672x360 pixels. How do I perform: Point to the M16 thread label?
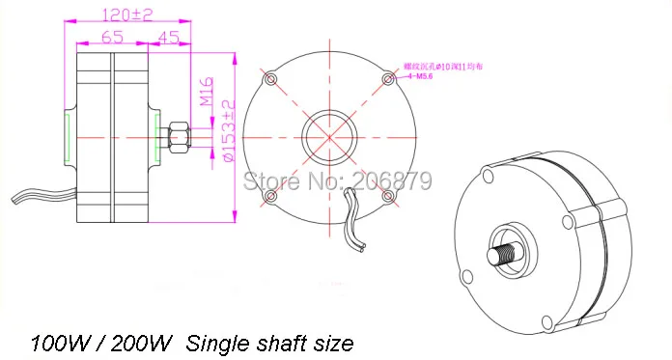(x=206, y=94)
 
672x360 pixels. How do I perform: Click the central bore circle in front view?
(x=329, y=137)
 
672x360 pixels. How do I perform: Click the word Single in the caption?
(x=218, y=343)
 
